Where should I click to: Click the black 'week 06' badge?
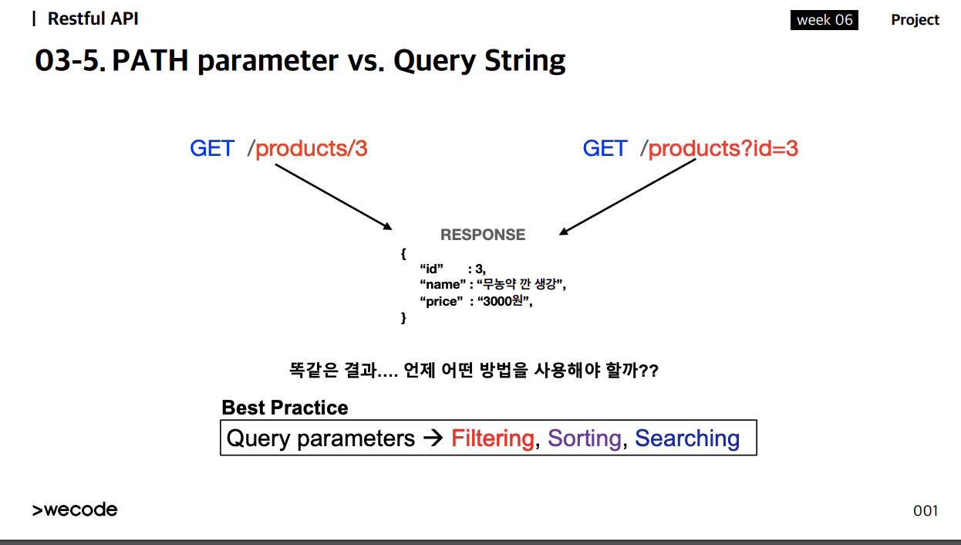(x=824, y=20)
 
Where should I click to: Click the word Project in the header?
(x=915, y=20)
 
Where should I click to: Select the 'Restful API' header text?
(x=93, y=19)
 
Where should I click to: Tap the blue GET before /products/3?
(x=212, y=148)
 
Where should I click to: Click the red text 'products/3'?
(x=312, y=148)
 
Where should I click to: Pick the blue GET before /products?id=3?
(x=605, y=148)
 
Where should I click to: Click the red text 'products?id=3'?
(x=723, y=148)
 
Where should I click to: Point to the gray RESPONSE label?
(x=483, y=235)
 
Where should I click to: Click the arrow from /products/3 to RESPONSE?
(x=334, y=197)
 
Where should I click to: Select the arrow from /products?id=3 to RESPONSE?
(x=627, y=197)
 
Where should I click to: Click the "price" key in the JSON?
(x=441, y=302)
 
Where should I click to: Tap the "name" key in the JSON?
(x=442, y=284)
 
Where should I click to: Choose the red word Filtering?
(x=493, y=438)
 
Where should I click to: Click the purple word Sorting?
(x=585, y=438)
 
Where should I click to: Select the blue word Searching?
(x=687, y=438)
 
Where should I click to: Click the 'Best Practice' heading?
(x=285, y=408)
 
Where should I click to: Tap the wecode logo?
(x=75, y=509)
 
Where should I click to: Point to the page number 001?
(x=926, y=510)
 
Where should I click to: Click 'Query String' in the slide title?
(x=479, y=61)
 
